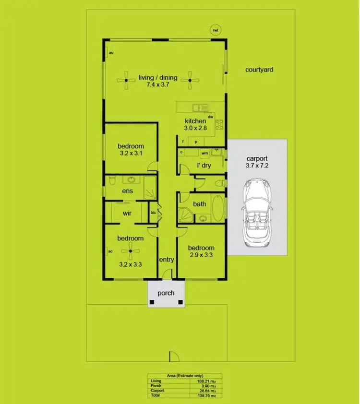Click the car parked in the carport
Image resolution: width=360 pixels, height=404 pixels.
[x=257, y=214]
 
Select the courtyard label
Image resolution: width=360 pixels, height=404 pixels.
[x=259, y=70]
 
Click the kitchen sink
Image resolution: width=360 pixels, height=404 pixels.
[x=198, y=108]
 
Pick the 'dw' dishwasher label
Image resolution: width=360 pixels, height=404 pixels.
[x=210, y=117]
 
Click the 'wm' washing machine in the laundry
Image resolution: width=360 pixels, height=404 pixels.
[x=204, y=153]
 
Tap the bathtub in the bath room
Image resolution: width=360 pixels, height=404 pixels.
[x=217, y=208]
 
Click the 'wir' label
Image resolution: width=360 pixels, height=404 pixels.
[x=127, y=213]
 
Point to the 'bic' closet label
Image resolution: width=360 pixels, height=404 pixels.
[x=153, y=213]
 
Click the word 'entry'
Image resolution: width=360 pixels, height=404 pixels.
[x=167, y=260]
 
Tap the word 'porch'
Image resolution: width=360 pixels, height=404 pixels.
[x=166, y=293]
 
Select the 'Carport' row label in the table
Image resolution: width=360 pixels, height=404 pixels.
[x=157, y=390]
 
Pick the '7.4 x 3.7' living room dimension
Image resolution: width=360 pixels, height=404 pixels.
[x=158, y=84]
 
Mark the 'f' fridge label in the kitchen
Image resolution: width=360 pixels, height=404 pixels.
[x=183, y=142]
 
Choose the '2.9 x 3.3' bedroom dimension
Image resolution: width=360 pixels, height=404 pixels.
[x=201, y=255]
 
